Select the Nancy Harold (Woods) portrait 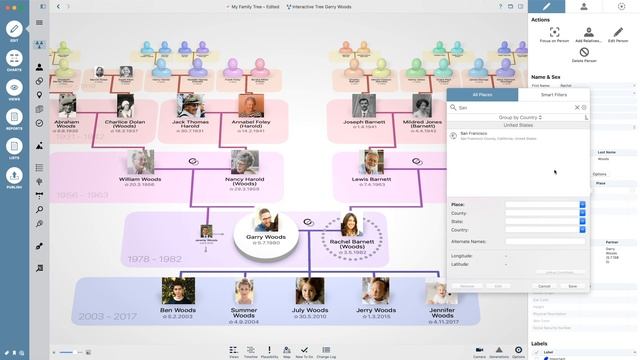coord(244,162)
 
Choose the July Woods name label coord(310,310)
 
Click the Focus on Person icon coord(554,34)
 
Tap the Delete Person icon coord(584,52)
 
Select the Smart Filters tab coord(554,94)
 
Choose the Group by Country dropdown coord(518,117)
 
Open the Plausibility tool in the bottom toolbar coord(269,350)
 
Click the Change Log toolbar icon coord(327,350)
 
